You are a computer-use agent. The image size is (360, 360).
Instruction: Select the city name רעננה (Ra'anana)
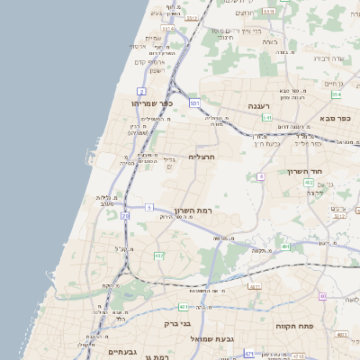pos(259,105)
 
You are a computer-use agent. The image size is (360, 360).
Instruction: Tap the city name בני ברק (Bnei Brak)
pos(177,323)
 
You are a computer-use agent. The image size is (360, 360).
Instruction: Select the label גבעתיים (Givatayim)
pos(127,352)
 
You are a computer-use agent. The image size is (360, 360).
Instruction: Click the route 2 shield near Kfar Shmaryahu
pos(141,91)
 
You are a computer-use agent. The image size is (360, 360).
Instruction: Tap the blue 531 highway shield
pos(194,103)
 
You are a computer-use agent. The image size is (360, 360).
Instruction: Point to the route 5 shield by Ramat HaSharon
pos(149,208)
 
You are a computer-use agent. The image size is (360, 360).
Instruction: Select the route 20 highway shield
pos(125,216)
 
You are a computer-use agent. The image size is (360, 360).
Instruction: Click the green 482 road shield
pos(158,256)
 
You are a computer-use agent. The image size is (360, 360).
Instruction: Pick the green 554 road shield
pos(336,94)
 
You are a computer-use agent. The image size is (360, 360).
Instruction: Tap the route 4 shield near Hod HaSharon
pos(261,176)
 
